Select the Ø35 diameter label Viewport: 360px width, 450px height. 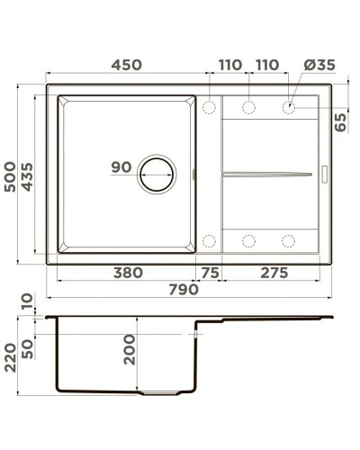tap(319, 66)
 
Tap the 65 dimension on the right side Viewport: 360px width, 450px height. tap(341, 121)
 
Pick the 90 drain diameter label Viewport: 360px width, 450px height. tap(121, 166)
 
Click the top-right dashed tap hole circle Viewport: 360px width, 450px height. tap(289, 108)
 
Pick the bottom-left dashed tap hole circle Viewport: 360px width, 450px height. tap(210, 240)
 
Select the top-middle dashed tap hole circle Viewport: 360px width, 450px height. tap(249, 108)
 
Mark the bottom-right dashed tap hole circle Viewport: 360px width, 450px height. tap(289, 240)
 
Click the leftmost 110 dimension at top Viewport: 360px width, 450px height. tap(229, 66)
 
